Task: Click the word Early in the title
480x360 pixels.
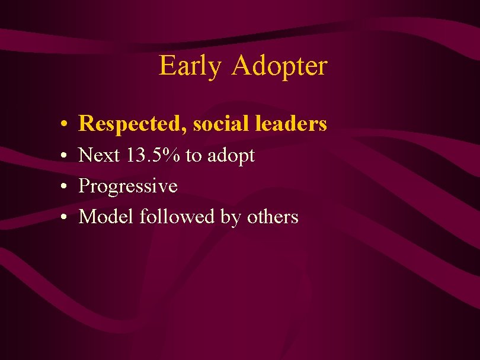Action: [x=189, y=66]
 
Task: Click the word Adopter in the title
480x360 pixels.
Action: [x=279, y=66]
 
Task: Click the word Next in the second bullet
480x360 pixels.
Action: [x=99, y=155]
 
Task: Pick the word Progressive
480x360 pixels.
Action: [x=128, y=187]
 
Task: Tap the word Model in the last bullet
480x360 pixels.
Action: [x=107, y=217]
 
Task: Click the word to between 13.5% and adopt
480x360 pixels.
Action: [x=193, y=156]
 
